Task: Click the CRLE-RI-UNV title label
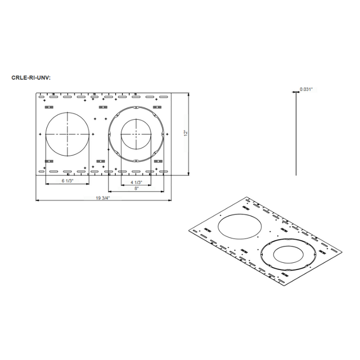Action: (x=31, y=78)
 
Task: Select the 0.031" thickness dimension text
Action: (x=307, y=89)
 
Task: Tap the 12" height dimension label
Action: (x=187, y=133)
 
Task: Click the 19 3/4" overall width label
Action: (x=103, y=197)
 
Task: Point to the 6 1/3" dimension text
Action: (x=68, y=181)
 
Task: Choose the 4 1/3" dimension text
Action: (x=136, y=182)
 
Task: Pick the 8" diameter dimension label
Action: (x=136, y=188)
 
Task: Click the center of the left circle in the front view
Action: (x=68, y=134)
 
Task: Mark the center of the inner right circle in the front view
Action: (x=136, y=134)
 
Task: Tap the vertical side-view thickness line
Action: (x=296, y=134)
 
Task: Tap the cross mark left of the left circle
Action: (x=40, y=134)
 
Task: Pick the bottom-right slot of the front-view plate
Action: (x=163, y=171)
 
